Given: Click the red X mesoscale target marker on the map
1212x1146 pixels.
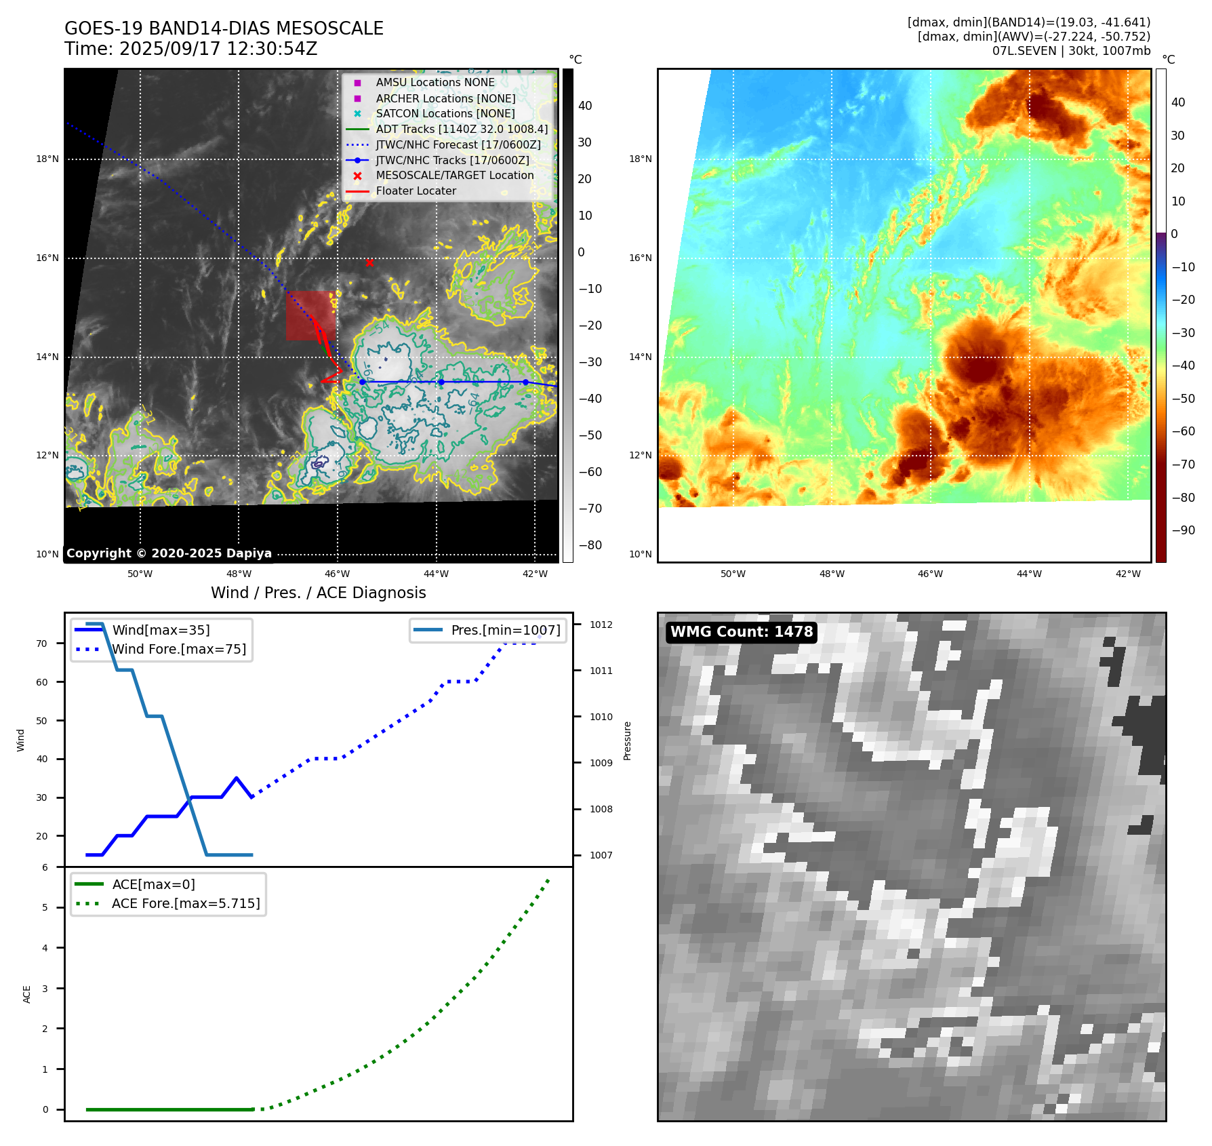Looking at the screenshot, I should pos(369,262).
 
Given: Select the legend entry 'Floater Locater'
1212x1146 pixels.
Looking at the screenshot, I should pos(416,191).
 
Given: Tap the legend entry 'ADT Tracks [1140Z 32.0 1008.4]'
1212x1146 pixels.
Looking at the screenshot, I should pos(462,129).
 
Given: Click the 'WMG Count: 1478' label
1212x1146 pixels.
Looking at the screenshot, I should pos(741,632).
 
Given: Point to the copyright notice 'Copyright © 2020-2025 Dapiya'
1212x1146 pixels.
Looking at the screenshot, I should pos(169,553).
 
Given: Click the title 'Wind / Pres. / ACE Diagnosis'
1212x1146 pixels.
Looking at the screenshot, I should pos(318,593).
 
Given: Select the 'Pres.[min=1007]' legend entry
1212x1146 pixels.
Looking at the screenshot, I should pos(505,630).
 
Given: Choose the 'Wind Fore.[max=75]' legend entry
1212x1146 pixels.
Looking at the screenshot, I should pos(179,649).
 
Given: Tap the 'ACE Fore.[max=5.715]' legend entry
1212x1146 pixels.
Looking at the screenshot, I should pos(186,903).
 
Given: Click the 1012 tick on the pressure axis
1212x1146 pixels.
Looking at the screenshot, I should pos(601,625).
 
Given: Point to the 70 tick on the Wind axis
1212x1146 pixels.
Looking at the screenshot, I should pos(42,644).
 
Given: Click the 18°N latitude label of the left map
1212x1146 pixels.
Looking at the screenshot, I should pos(47,159).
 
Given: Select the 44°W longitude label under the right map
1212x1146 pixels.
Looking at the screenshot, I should pos(1029,574).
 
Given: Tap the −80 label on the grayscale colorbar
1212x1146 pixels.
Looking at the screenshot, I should pos(590,545).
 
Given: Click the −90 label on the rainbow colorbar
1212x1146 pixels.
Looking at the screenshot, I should pos(1183,530).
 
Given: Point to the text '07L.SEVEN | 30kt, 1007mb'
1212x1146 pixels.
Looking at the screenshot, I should pos(1071,51).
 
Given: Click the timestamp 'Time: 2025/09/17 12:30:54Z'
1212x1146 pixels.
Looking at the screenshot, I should pos(190,49).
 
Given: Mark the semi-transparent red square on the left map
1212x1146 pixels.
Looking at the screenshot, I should pos(310,315).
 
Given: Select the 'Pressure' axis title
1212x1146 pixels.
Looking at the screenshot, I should pos(628,740).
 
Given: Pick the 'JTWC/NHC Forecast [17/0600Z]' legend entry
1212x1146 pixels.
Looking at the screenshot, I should pos(458,144).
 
